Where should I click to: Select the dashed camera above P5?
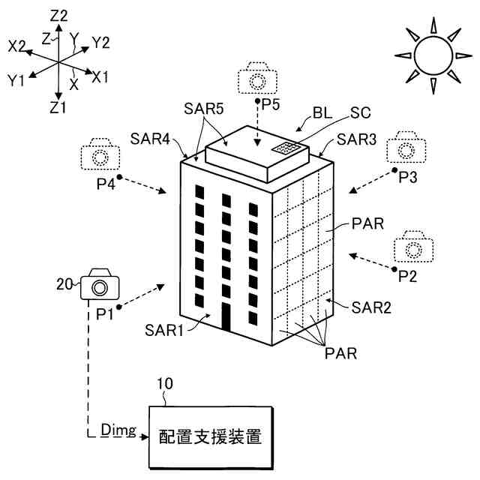pos(257,80)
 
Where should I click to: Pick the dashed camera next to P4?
pos(99,155)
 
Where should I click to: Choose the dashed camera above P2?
pos(413,247)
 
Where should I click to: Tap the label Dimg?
pos(118,430)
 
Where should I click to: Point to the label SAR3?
pos(356,139)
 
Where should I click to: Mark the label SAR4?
pos(150,138)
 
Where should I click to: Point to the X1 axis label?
pos(100,76)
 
